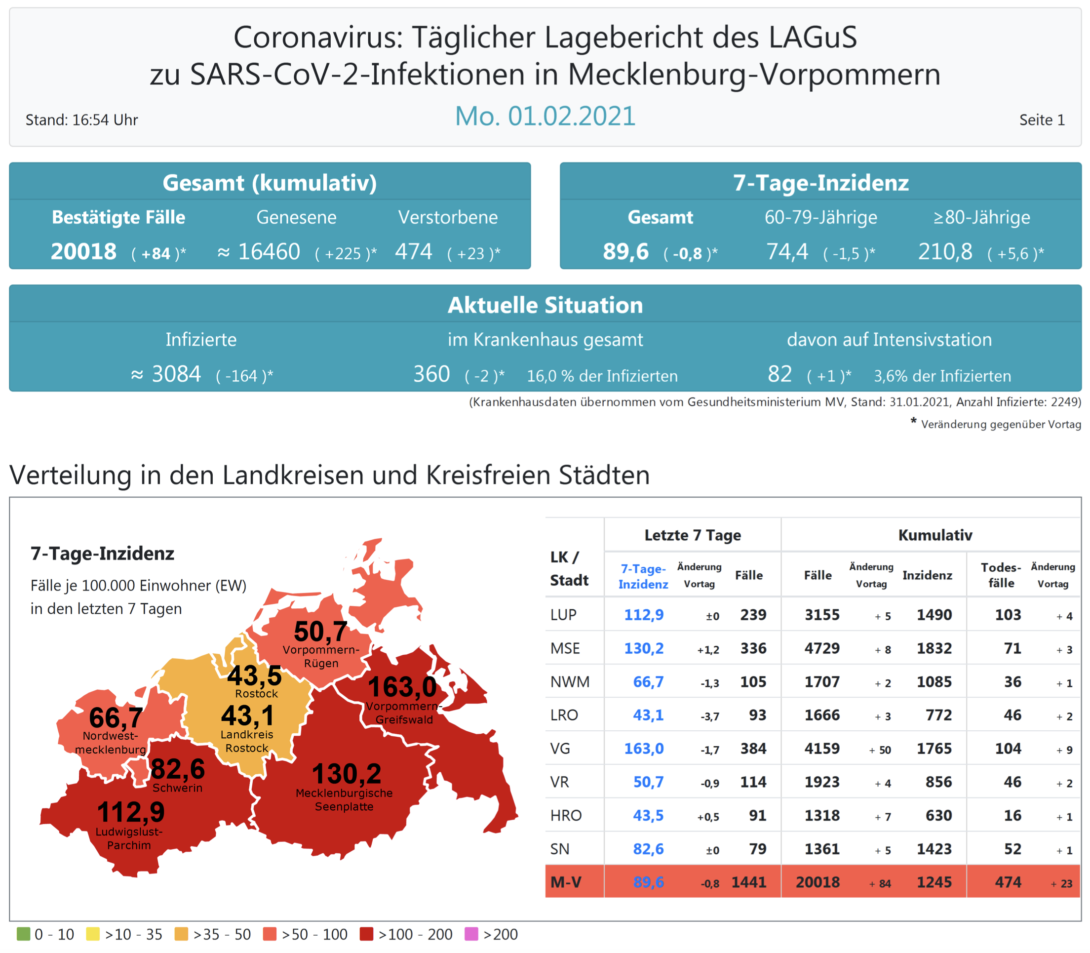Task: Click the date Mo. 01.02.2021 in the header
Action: [x=545, y=116]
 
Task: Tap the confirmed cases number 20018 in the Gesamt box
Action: [x=83, y=251]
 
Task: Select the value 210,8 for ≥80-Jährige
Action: [x=945, y=251]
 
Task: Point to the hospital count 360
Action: [x=432, y=374]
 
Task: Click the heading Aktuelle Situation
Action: [x=545, y=305]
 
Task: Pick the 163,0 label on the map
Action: [x=402, y=686]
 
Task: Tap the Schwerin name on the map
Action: [x=177, y=788]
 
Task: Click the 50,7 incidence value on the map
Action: [x=320, y=632]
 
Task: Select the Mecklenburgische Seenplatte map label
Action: [x=344, y=800]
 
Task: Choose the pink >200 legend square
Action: [x=471, y=934]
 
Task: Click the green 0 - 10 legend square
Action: [x=23, y=934]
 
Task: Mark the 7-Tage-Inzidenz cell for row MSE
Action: [x=643, y=648]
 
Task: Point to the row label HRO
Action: [x=566, y=815]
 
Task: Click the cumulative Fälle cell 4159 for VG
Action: [x=821, y=749]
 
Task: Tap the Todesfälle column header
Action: [x=1001, y=575]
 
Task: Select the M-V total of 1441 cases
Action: [x=749, y=882]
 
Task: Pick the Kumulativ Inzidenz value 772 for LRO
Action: [x=938, y=715]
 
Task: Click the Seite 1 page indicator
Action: [x=1042, y=120]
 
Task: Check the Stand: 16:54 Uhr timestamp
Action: [x=82, y=120]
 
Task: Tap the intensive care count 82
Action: [x=779, y=374]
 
